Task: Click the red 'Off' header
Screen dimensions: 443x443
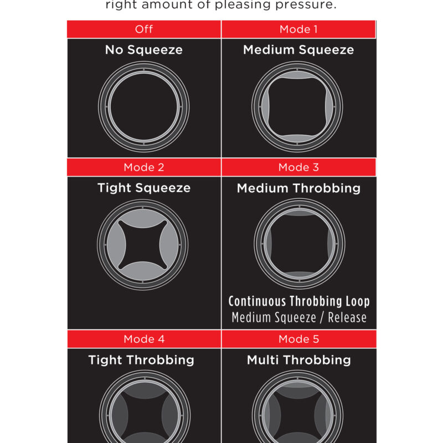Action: tap(144, 29)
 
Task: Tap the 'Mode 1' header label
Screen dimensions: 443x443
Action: tap(298, 29)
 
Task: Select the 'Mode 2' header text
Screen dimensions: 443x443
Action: tap(144, 167)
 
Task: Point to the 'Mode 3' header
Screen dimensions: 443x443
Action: tap(298, 167)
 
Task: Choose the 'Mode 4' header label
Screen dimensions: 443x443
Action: tap(144, 339)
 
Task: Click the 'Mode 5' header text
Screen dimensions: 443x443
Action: tap(298, 339)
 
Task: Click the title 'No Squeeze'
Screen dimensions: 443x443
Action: tap(144, 50)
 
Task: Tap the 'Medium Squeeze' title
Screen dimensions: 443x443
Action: tap(298, 50)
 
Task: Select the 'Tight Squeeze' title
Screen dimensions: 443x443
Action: tap(144, 188)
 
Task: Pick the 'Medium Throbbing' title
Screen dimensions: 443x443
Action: tap(298, 188)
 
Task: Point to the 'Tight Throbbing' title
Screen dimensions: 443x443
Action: tap(141, 360)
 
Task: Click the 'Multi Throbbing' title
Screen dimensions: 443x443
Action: tap(299, 360)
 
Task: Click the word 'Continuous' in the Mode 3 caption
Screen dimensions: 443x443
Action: tap(257, 301)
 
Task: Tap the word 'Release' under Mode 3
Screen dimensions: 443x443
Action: tap(347, 317)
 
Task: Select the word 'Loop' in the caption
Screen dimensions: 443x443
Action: tap(358, 302)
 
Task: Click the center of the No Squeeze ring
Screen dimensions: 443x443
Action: tap(144, 107)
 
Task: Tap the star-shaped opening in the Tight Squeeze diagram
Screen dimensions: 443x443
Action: tap(143, 245)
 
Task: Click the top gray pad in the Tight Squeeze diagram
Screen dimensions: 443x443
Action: tap(143, 218)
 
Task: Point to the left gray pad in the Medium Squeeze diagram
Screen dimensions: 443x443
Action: tap(265, 107)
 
